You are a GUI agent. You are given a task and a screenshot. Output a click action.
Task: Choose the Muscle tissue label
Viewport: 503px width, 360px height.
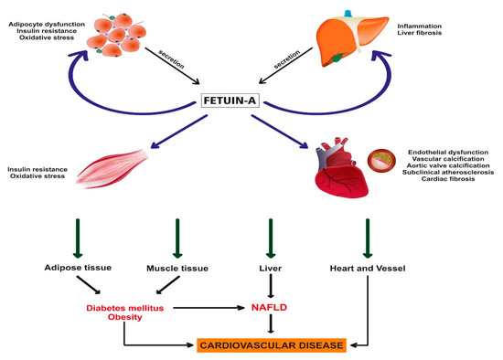178,268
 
